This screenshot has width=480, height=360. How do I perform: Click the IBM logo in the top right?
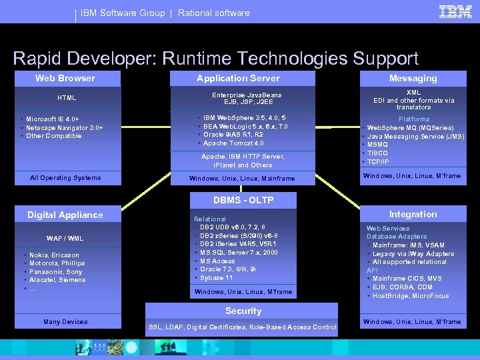pos(456,11)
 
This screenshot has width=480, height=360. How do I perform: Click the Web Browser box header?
pos(65,78)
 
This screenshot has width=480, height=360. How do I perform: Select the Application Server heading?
pos(238,78)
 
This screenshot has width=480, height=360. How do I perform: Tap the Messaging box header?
pos(413,78)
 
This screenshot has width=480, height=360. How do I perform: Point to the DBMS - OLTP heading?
pos(243,200)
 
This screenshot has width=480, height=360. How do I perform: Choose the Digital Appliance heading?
pos(65,215)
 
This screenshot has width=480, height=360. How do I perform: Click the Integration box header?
pos(413,214)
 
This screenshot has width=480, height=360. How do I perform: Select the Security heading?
pos(243,311)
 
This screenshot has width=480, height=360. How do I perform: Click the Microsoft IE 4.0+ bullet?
pos(57,119)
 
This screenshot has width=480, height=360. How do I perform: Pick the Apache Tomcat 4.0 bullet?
pos(233,143)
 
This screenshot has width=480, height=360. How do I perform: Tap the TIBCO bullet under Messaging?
pos(378,153)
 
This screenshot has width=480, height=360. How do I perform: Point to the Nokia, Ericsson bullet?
pos(54,255)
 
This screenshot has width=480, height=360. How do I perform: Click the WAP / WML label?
pos(65,238)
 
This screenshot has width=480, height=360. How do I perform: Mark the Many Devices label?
pos(65,322)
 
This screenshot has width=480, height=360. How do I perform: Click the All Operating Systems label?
pos(65,178)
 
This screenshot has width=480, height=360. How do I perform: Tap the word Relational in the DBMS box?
pos(210,219)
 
